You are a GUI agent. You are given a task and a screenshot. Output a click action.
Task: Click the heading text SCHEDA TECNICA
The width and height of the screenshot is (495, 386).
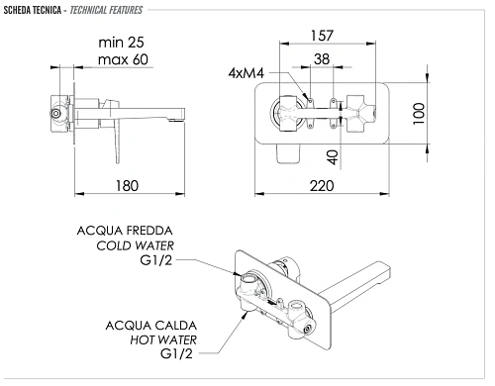pyautogui.click(x=35, y=10)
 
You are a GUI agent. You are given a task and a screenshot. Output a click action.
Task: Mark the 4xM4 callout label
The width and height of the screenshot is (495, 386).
pyautogui.click(x=247, y=72)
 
